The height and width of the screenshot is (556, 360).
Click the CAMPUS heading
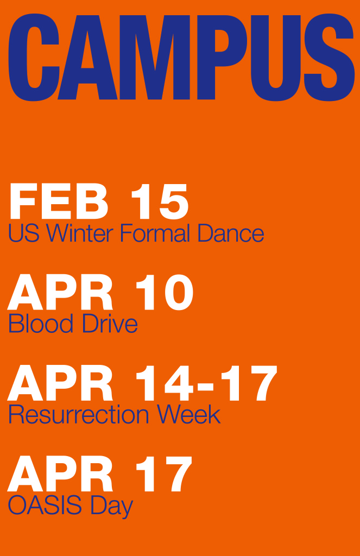(x=181, y=58)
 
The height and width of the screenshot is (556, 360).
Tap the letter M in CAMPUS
(x=155, y=58)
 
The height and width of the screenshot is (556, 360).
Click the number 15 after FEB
(x=160, y=201)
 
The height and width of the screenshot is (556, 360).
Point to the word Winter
(x=80, y=233)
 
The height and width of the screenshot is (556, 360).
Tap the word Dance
(x=231, y=233)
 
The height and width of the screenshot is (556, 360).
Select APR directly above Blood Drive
(x=60, y=292)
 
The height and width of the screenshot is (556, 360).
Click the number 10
(x=165, y=292)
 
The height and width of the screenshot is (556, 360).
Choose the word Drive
(x=110, y=324)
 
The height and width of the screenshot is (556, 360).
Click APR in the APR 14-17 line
(x=60, y=383)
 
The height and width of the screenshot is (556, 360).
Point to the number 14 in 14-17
(x=165, y=383)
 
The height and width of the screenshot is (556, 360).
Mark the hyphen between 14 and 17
(x=205, y=386)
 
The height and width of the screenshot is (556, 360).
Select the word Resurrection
(x=79, y=414)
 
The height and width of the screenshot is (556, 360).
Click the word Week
(x=189, y=414)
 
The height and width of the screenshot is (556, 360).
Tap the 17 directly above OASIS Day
(x=164, y=473)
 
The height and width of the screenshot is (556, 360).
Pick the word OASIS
(x=45, y=505)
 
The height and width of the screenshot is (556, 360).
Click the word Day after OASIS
(x=112, y=507)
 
